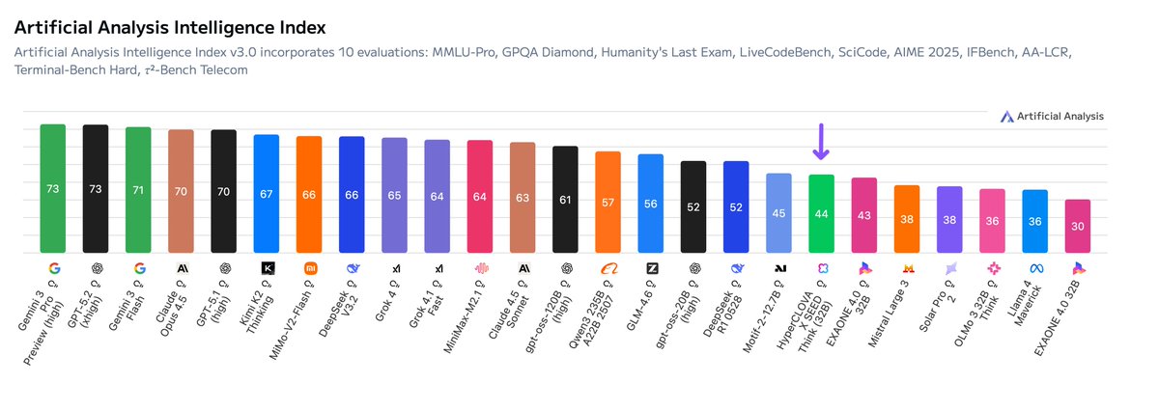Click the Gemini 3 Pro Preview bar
52,188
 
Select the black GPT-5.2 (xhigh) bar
95,188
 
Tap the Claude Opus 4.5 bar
181,191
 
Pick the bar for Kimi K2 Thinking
266,193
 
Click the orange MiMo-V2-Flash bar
309,194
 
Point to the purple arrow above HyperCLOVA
821,142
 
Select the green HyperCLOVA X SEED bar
821,213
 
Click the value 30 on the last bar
1078,227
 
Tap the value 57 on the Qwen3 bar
608,203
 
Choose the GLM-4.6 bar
650,204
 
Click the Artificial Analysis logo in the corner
1051,116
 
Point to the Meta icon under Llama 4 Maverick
1034,267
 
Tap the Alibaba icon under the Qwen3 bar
608,267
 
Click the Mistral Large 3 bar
906,219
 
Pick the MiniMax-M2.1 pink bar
480,197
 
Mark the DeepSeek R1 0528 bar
736,206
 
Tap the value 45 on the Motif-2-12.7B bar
778,213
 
